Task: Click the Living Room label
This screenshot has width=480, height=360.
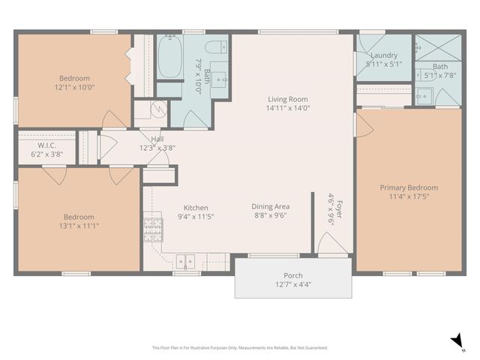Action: pyautogui.click(x=288, y=99)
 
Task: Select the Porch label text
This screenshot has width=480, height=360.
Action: pyautogui.click(x=292, y=275)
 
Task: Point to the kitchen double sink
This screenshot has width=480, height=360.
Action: pyautogui.click(x=185, y=262)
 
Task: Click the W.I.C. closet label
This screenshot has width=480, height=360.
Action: pyautogui.click(x=47, y=145)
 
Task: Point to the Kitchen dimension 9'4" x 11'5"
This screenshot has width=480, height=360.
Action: pyautogui.click(x=196, y=217)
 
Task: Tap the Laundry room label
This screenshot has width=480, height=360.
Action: pyautogui.click(x=383, y=55)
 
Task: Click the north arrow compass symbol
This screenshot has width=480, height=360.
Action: pyautogui.click(x=456, y=341)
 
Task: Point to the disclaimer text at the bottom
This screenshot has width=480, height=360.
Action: pyautogui.click(x=240, y=347)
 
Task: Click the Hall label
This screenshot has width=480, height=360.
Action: pyautogui.click(x=157, y=139)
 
